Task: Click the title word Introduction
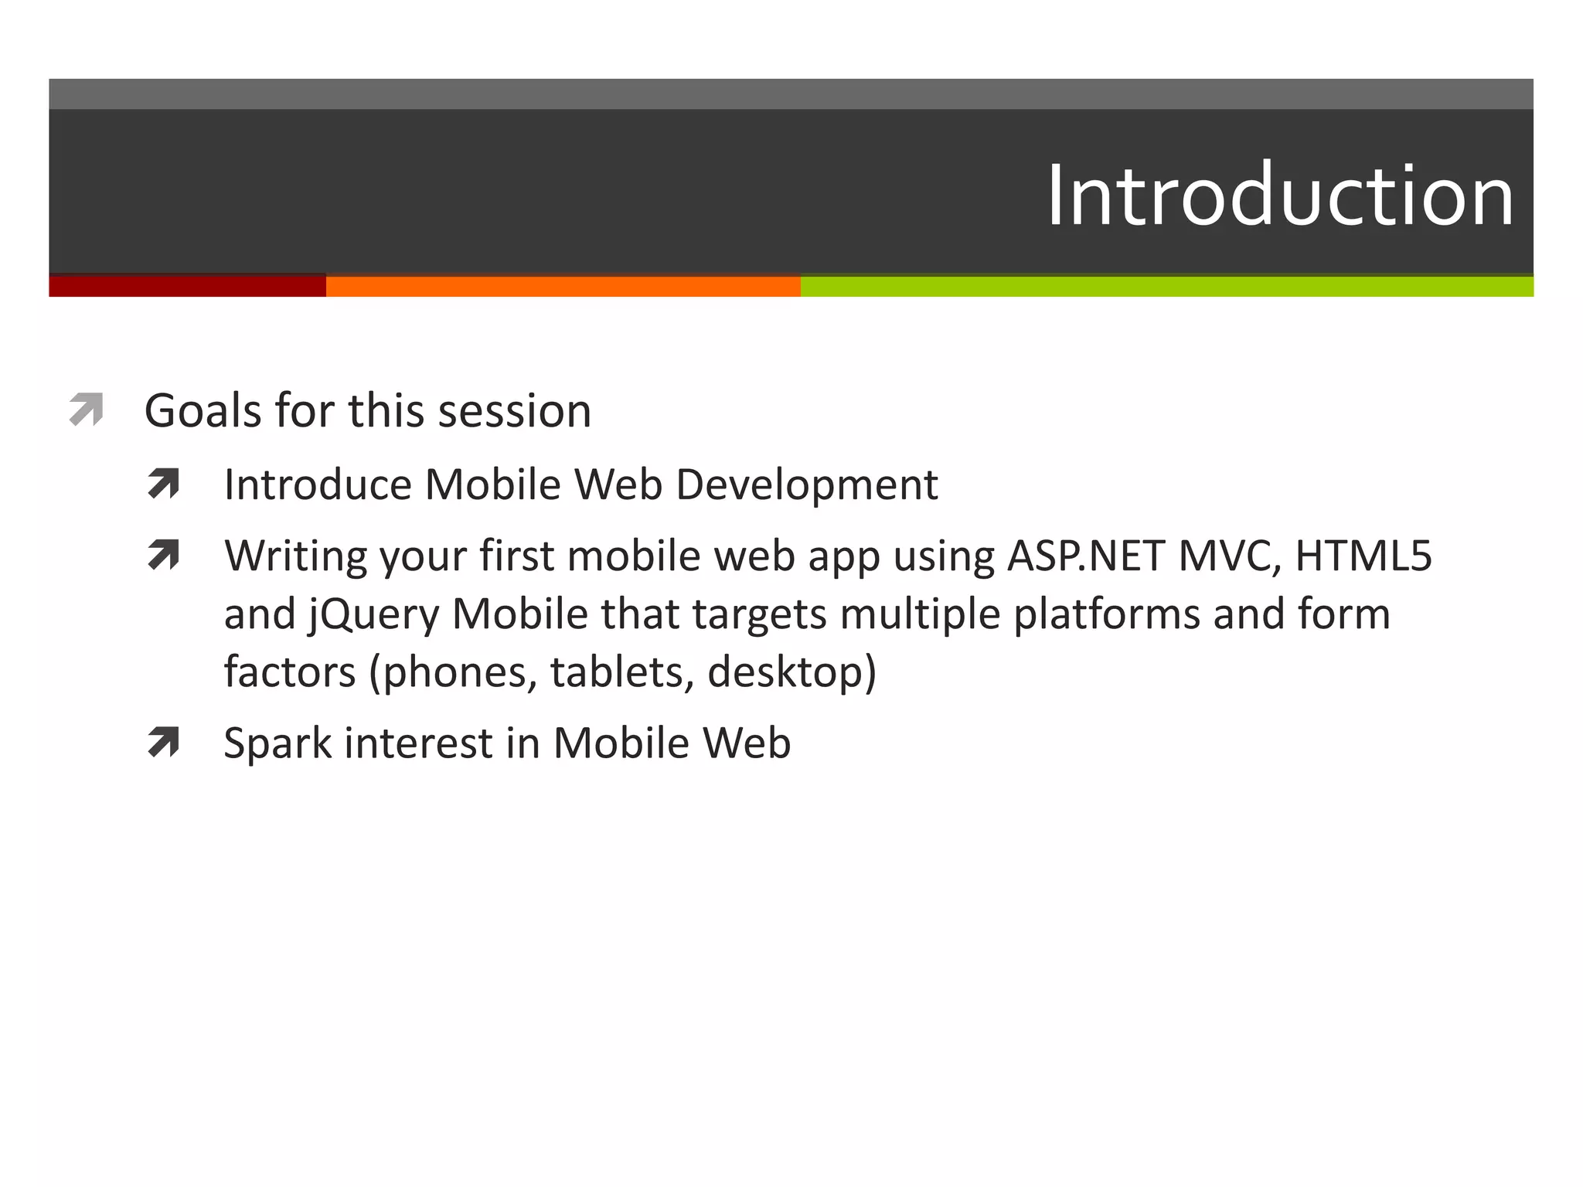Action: pyautogui.click(x=1279, y=196)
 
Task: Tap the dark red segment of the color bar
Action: pyautogui.click(x=187, y=286)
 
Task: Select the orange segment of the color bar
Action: pyautogui.click(x=563, y=286)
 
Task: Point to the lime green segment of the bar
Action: pyautogui.click(x=1166, y=286)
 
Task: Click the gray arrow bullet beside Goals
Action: pyautogui.click(x=86, y=409)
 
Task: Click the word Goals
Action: pyautogui.click(x=203, y=410)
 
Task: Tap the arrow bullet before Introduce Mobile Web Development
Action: pyautogui.click(x=163, y=484)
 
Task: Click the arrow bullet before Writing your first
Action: pyautogui.click(x=163, y=554)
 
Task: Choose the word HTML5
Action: pyautogui.click(x=1363, y=556)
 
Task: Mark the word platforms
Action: pyautogui.click(x=1106, y=615)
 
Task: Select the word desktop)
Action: pyautogui.click(x=791, y=672)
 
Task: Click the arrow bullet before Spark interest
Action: pyautogui.click(x=163, y=742)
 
